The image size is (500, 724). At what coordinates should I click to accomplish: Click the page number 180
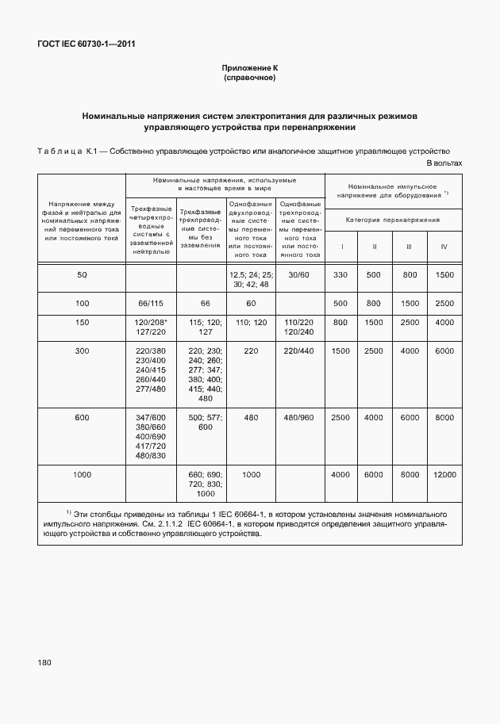tap(44, 662)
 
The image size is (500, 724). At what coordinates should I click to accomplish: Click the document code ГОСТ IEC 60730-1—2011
tap(86, 44)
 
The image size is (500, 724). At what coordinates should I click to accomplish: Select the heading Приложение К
tap(249, 69)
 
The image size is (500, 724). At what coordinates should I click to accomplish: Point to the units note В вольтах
tap(444, 163)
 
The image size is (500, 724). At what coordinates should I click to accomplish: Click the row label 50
tap(82, 274)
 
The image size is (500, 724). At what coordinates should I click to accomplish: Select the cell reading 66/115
tap(150, 304)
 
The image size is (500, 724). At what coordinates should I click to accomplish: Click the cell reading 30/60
tap(299, 274)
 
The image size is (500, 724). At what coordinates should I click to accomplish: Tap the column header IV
tap(444, 247)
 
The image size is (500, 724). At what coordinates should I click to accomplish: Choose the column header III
tap(410, 247)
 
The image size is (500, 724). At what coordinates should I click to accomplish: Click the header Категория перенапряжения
tap(392, 220)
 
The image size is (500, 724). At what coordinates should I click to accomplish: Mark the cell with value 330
tap(341, 274)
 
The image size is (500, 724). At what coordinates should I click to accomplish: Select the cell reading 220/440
tap(299, 351)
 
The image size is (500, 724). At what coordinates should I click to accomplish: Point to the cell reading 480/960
tap(299, 417)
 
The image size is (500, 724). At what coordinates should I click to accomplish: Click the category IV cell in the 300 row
tap(444, 351)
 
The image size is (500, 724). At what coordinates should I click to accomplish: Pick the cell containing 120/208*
tap(150, 323)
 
